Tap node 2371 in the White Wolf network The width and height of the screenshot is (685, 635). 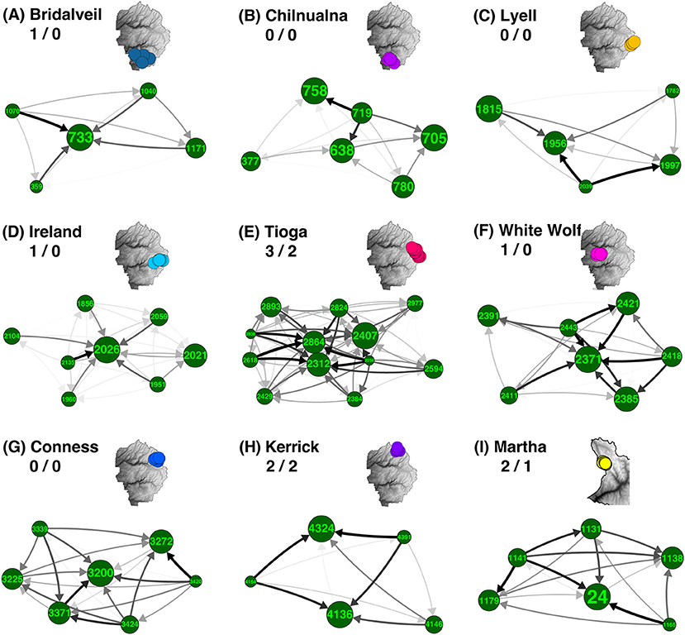click(x=587, y=360)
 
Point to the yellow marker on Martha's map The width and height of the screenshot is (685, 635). click(x=604, y=464)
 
